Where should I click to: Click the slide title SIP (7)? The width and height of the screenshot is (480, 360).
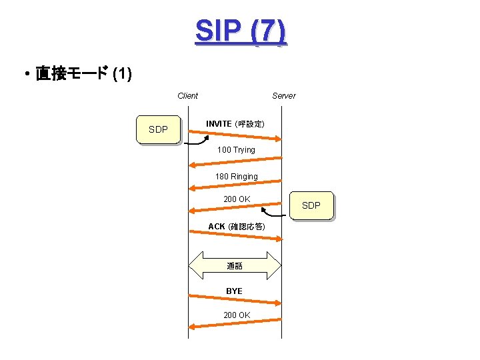(x=241, y=32)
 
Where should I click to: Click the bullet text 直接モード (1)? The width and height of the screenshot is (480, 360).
(x=83, y=73)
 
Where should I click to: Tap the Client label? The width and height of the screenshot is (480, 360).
(x=187, y=96)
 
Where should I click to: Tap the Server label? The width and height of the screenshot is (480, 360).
(x=283, y=96)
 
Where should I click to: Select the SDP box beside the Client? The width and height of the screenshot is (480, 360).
(x=159, y=130)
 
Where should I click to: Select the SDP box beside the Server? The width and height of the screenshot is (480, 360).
(x=311, y=205)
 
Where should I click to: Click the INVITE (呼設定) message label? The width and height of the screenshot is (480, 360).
(x=235, y=125)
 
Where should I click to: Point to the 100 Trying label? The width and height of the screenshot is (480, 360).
(x=236, y=150)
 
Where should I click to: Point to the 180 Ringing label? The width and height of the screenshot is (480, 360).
(x=236, y=177)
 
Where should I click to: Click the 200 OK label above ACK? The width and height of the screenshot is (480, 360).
(x=237, y=199)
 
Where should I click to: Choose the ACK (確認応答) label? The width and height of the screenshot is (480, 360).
(x=236, y=227)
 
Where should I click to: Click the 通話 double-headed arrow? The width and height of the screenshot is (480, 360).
(x=235, y=266)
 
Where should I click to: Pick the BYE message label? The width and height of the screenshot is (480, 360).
(x=234, y=291)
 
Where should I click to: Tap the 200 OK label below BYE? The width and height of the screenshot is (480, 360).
(x=237, y=315)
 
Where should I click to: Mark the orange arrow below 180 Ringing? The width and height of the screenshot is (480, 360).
(x=235, y=186)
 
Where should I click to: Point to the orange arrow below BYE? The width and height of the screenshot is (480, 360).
(x=235, y=299)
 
